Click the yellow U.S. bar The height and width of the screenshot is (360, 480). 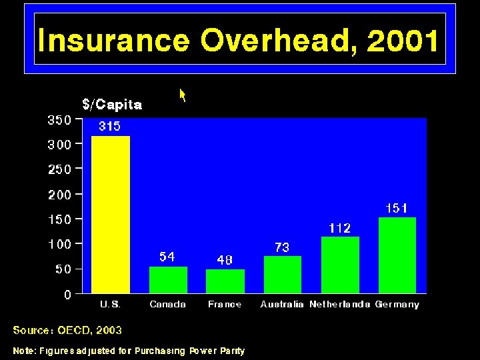[x=111, y=214]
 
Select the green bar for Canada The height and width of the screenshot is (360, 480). [x=168, y=280]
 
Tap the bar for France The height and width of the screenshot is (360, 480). [x=225, y=281]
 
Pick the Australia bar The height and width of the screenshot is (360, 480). [x=283, y=275]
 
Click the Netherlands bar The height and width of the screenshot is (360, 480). [x=340, y=265]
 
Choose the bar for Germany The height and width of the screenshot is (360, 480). [x=397, y=255]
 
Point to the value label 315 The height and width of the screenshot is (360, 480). [x=109, y=126]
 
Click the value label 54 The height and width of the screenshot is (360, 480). [x=167, y=257]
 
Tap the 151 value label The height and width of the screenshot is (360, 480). [x=397, y=208]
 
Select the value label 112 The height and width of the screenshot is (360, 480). [x=339, y=228]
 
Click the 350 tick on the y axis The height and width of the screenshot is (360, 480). [x=59, y=121]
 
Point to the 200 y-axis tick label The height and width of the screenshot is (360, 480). [x=59, y=195]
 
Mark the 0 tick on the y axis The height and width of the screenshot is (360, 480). [x=67, y=295]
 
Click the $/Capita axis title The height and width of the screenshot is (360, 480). [x=112, y=105]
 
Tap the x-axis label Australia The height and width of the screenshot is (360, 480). [x=282, y=304]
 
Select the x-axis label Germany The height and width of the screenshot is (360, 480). [x=397, y=304]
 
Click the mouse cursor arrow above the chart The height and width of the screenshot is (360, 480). [x=182, y=95]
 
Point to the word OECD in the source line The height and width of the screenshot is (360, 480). [x=74, y=330]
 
